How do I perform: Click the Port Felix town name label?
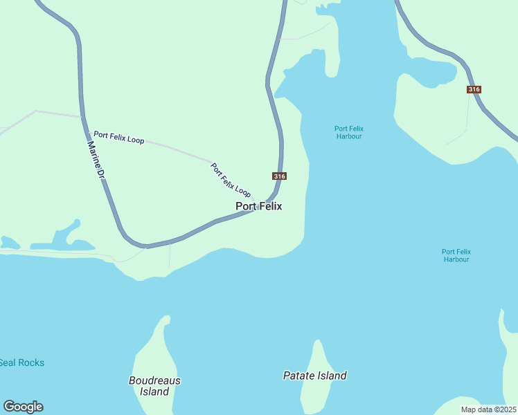(x=259, y=206)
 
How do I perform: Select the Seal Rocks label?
(x=21, y=362)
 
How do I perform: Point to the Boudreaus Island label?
(x=154, y=386)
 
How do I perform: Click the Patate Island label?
(x=314, y=376)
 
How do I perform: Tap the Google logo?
(x=23, y=407)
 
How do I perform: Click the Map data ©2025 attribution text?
(x=488, y=409)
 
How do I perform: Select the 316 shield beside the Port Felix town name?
(x=279, y=176)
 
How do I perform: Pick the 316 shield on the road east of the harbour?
(x=474, y=89)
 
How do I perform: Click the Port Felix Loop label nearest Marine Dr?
(x=119, y=138)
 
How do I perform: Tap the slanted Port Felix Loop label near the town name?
(x=231, y=179)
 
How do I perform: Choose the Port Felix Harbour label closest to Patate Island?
(x=456, y=255)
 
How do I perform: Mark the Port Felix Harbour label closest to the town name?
(x=348, y=132)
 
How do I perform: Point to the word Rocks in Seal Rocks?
(x=31, y=362)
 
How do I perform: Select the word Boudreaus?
(x=154, y=380)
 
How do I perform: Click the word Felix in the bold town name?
(x=270, y=206)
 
